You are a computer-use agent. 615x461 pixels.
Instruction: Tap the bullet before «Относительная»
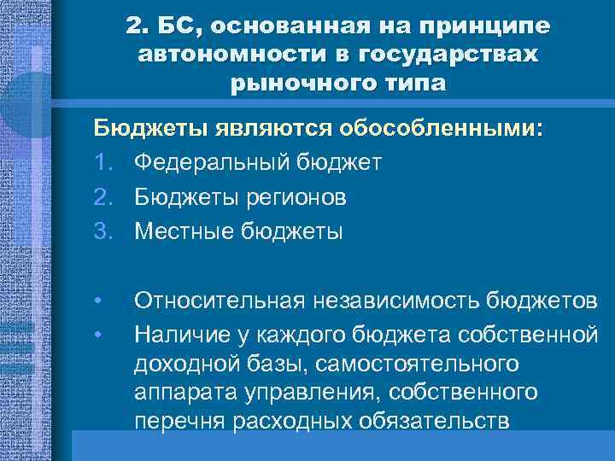(99, 301)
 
